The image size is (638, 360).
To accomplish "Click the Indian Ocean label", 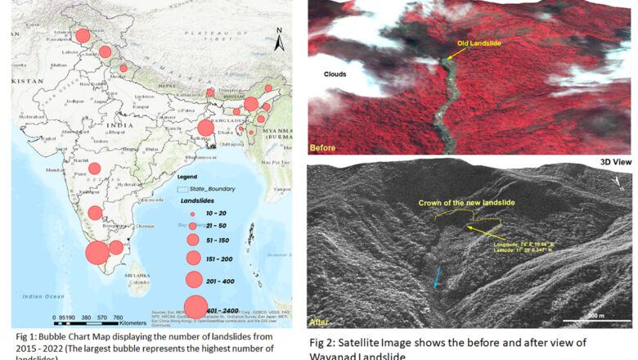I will tap(38, 296).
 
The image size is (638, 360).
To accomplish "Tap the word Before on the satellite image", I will tap(323, 148).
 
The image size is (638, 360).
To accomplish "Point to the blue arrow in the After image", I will tap(437, 277).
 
